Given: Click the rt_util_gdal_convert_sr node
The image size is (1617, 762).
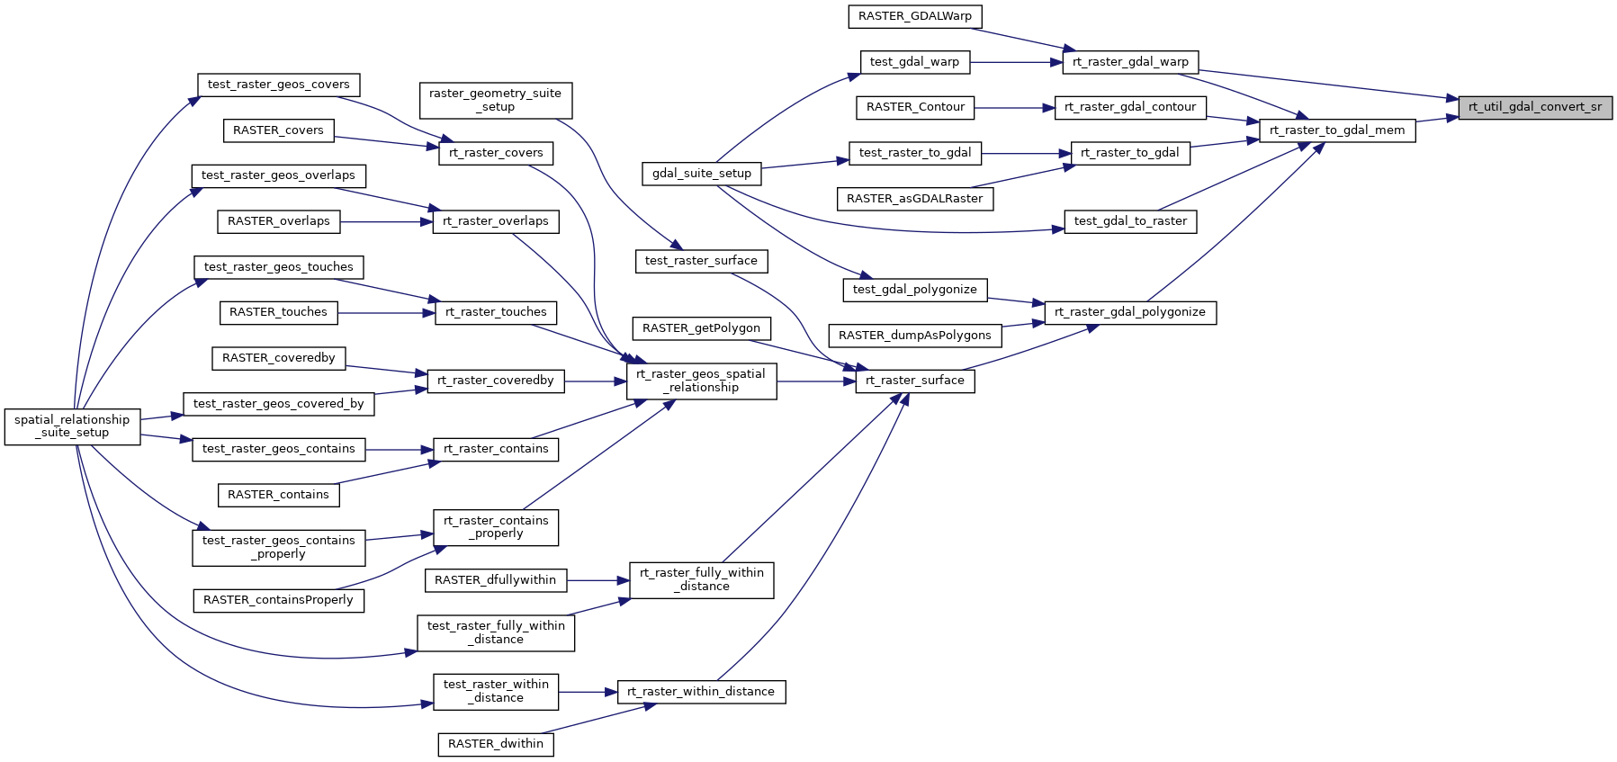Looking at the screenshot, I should coord(1535,107).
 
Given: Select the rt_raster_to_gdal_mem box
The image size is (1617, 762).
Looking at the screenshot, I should coord(1337,130).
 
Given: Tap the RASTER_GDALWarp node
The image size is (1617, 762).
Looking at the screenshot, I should coord(915,16).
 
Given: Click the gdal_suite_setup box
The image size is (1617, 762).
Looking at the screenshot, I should coord(702,174).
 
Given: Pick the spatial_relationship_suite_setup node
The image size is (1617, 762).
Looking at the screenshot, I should coord(72,426).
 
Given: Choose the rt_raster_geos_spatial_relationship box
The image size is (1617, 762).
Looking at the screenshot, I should coord(701,381).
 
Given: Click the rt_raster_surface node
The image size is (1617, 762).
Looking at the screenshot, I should coord(914,381).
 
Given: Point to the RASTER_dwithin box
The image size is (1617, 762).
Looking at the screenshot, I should coord(496,744).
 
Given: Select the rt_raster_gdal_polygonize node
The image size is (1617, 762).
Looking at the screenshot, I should coord(1130,312).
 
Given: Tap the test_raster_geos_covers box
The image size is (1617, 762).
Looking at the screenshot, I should coord(279,85).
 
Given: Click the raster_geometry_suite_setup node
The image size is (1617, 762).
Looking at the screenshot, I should coord(495,100).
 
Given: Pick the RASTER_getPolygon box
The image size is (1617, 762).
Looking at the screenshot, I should coord(701,328).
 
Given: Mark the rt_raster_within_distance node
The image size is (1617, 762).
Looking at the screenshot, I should coord(701,692).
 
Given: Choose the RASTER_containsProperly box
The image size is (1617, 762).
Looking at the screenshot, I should coord(278,600).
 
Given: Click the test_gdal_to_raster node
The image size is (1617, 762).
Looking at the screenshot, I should coord(1130,221).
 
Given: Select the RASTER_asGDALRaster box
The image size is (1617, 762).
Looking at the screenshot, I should coord(915,199).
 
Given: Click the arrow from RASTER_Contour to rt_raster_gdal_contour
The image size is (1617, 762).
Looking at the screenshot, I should coord(1013,108).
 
